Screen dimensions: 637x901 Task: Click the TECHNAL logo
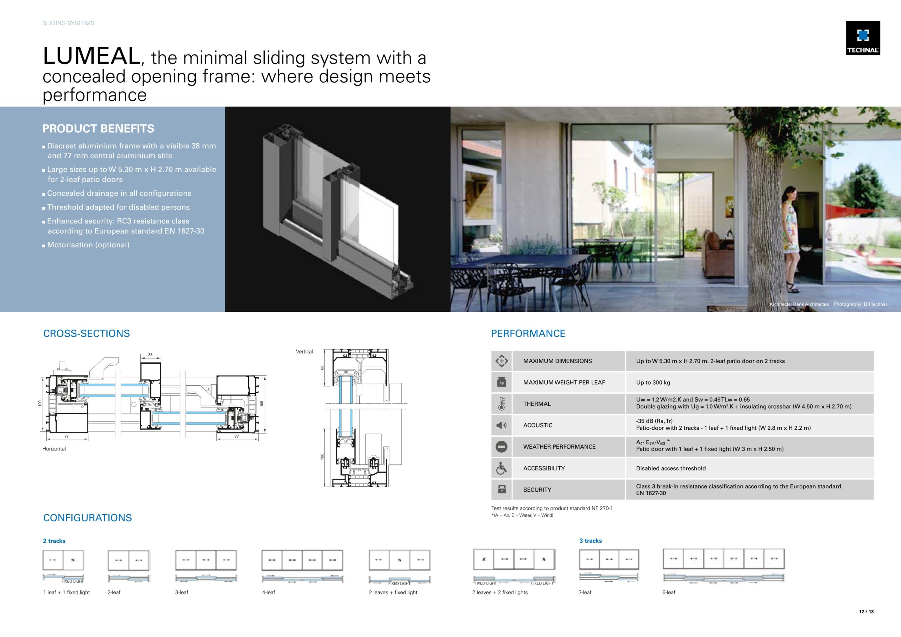point(863,38)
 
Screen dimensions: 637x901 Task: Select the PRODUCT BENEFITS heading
point(98,128)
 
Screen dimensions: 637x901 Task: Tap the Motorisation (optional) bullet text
point(88,245)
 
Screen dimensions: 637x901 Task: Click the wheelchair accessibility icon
point(501,468)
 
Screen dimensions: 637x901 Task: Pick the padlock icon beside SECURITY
point(501,490)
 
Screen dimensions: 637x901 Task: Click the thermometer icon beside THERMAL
point(501,403)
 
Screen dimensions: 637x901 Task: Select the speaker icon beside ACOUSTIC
point(501,425)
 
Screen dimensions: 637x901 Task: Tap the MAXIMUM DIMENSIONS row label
point(557,361)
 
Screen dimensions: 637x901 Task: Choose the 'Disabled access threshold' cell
point(671,468)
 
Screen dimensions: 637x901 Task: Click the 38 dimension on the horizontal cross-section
point(150,355)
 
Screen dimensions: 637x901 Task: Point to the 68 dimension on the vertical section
point(322,368)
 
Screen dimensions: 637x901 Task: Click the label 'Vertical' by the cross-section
point(304,352)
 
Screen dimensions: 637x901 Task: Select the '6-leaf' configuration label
point(669,592)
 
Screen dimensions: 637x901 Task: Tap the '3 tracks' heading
point(590,541)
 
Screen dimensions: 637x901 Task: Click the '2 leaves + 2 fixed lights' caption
point(499,592)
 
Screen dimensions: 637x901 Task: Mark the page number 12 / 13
point(867,612)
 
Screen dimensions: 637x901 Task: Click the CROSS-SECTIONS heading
point(86,333)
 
